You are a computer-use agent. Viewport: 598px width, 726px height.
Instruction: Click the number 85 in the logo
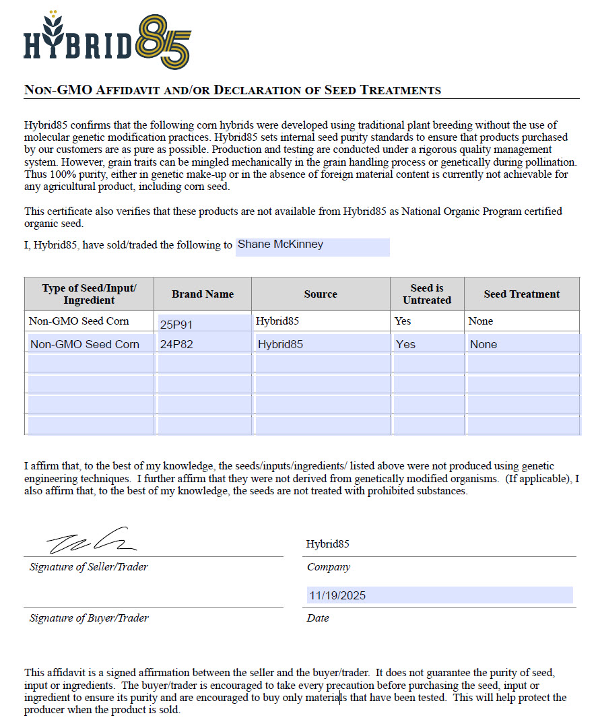pos(164,42)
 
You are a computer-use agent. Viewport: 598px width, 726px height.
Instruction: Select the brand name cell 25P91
pos(203,324)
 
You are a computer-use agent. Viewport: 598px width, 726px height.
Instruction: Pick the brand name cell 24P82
pos(203,344)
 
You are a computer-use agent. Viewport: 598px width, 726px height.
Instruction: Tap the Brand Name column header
pos(203,294)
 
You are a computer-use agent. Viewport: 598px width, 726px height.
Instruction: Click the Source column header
pos(321,294)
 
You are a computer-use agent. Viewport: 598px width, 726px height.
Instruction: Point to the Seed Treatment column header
pos(521,294)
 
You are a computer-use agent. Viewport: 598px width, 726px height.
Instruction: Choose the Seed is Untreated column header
pos(427,294)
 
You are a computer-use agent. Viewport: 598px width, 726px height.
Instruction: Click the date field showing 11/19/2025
pos(439,595)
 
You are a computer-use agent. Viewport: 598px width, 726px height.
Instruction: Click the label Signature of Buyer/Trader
pos(89,618)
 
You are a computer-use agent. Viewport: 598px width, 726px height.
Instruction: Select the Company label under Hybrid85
pos(329,567)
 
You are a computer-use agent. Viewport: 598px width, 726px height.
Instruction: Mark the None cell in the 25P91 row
pos(481,321)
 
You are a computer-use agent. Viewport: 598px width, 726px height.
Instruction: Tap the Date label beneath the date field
pos(318,618)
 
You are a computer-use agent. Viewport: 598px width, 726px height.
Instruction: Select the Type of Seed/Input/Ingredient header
pos(89,294)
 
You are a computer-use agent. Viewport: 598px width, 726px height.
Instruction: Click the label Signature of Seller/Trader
pos(89,567)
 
